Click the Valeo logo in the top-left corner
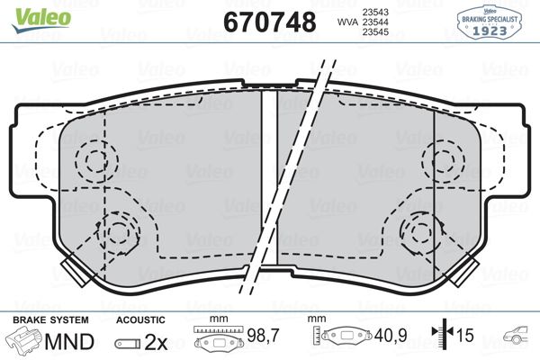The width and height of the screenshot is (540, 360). click(x=29, y=11)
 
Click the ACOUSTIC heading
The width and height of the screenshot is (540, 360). click(x=140, y=319)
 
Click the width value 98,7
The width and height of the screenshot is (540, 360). click(x=258, y=335)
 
